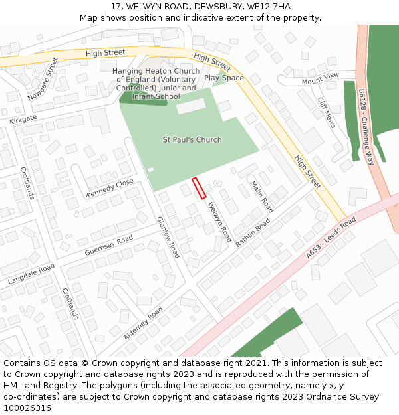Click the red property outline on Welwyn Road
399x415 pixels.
tap(199, 188)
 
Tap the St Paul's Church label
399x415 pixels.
tap(192, 140)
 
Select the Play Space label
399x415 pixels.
tap(224, 78)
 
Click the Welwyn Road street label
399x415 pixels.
tap(219, 221)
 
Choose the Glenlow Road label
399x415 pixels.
tap(168, 237)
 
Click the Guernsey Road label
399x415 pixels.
tap(109, 246)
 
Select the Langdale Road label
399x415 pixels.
tap(31, 274)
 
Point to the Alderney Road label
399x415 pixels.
tap(143, 323)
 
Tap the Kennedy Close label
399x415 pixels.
tap(110, 187)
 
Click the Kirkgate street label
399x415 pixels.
tap(23, 118)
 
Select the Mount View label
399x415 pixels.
tap(320, 78)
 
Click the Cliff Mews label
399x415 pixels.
tap(327, 112)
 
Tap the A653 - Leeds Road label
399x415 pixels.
tap(331, 237)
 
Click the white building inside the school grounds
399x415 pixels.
tap(191, 106)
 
